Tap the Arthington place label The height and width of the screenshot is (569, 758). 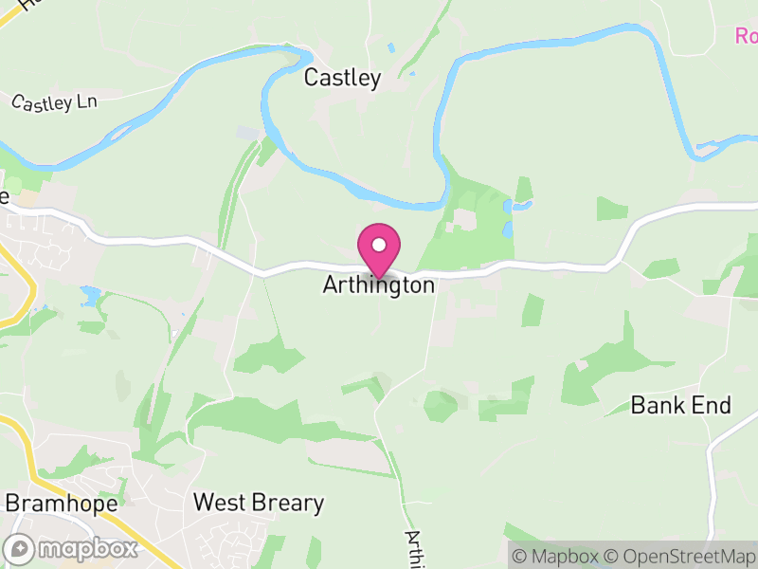[379, 284]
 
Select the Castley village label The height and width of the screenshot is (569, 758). [342, 79]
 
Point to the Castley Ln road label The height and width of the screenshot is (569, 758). [55, 101]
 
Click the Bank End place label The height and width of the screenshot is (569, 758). [681, 406]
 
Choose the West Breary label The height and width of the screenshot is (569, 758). [259, 503]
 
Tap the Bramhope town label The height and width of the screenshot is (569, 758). [62, 503]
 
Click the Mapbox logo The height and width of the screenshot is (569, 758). [72, 548]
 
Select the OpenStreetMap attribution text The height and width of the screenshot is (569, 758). [680, 556]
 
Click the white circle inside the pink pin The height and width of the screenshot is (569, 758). [379, 244]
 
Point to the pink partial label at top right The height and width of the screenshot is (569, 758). [747, 36]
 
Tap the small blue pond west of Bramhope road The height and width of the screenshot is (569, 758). [91, 296]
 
